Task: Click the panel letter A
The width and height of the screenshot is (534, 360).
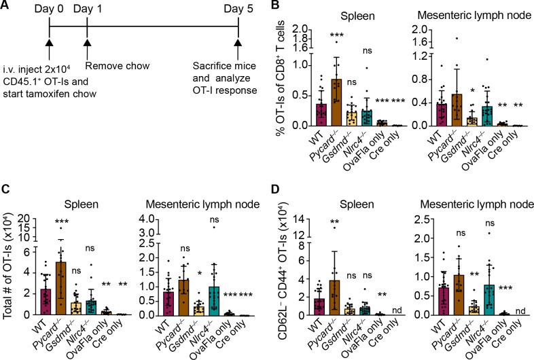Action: (6, 6)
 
